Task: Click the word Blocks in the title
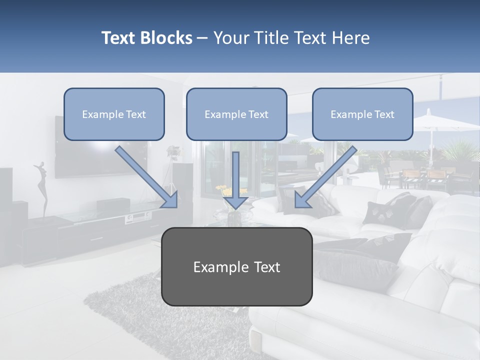(x=166, y=38)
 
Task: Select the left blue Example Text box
(x=114, y=114)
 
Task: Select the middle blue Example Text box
(x=236, y=114)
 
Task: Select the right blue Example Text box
(x=362, y=114)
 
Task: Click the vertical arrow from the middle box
(x=235, y=180)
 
